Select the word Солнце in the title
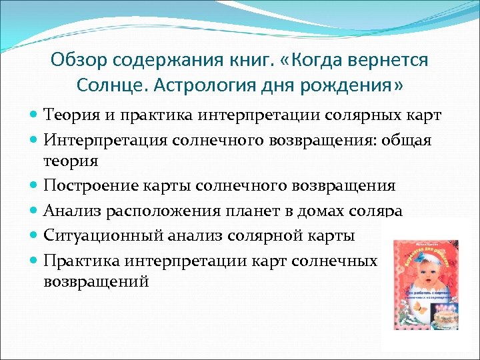pyautogui.click(x=108, y=86)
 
